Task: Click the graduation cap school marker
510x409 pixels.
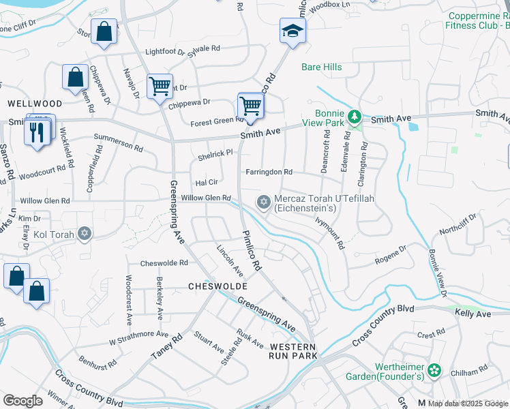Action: click(292, 31)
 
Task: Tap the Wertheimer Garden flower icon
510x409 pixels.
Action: click(435, 371)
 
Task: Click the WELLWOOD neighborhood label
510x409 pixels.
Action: click(34, 104)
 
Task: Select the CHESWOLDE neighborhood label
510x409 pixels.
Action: click(217, 287)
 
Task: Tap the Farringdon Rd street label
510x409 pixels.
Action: click(269, 172)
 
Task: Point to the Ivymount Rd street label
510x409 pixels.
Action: click(330, 232)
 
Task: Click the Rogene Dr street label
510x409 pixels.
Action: click(391, 255)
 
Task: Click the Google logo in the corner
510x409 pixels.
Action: click(23, 401)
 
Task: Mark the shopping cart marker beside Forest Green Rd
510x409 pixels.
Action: click(250, 107)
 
